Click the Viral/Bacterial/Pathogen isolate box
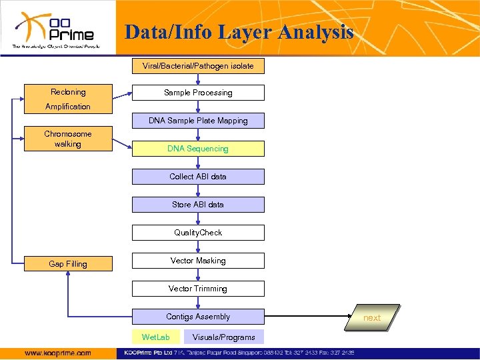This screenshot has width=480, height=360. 198,66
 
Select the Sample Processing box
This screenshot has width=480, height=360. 198,93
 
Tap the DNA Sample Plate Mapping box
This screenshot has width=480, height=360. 198,121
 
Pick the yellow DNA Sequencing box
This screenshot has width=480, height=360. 198,149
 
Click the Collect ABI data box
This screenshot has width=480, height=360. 198,177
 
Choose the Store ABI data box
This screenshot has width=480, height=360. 198,205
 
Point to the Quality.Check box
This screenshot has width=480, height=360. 198,233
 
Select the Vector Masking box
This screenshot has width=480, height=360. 198,261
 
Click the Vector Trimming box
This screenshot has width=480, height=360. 198,289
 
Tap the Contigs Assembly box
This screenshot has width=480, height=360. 198,317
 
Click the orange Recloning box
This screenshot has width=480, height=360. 68,93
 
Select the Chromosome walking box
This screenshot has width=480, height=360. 68,139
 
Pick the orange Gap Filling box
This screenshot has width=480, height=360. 68,264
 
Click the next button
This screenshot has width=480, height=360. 371,317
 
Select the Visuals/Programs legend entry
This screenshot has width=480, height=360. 223,337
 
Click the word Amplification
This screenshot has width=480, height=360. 68,107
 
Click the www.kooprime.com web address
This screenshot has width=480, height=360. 57,353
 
